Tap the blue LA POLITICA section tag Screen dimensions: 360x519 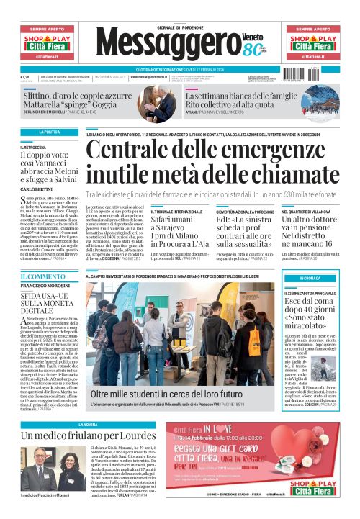coord(50,132)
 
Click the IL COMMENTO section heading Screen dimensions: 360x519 coord(42,276)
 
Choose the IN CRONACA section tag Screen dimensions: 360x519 coord(310,278)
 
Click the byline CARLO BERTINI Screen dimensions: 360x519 coord(36,189)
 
